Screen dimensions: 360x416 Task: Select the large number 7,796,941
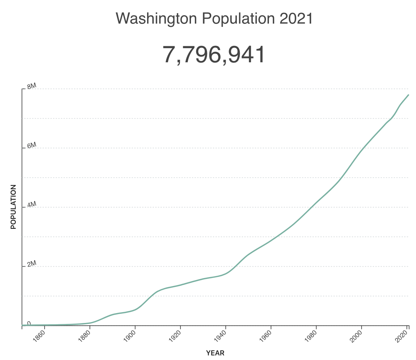tap(214, 54)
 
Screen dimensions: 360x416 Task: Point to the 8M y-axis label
tap(31, 86)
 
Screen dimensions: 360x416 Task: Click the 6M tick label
tap(31, 146)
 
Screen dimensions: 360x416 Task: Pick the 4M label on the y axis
tap(31, 205)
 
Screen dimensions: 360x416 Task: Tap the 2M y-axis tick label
tap(31, 264)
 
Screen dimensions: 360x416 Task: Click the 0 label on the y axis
tap(29, 323)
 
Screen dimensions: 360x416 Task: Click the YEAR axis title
tap(215, 353)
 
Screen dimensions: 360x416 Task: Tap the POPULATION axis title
tap(13, 207)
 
